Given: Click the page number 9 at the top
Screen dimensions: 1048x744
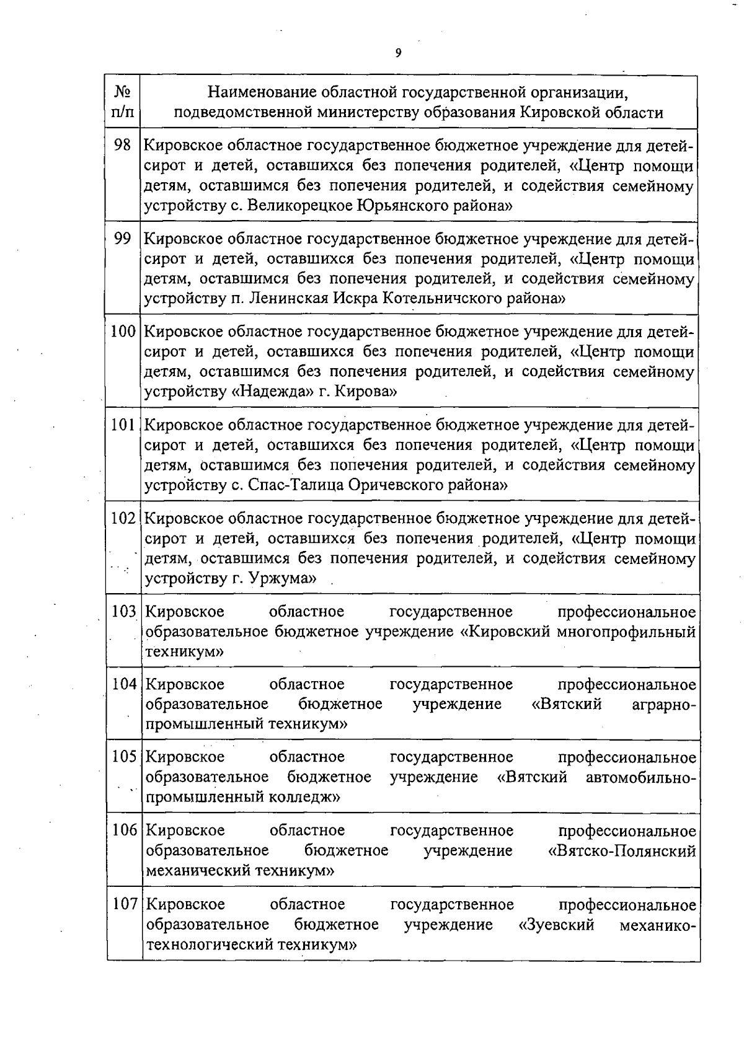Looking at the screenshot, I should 398,53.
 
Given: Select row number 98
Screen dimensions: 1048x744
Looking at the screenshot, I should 123,146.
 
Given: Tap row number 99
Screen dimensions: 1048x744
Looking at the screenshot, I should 123,239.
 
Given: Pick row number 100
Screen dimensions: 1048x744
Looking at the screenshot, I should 123,332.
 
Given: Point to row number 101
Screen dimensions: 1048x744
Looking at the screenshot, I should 123,425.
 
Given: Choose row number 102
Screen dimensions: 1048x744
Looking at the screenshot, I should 123,518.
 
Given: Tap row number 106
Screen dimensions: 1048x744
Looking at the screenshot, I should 124,830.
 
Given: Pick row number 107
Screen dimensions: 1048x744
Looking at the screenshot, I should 124,905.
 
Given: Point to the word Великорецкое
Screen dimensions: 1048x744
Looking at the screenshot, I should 300,206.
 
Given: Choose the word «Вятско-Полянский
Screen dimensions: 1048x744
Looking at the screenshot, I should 622,851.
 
